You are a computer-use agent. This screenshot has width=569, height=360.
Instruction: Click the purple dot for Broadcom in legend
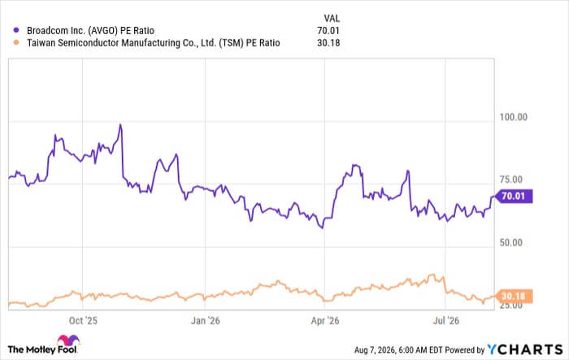(x=16, y=30)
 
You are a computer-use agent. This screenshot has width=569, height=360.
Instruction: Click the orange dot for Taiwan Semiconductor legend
(x=16, y=42)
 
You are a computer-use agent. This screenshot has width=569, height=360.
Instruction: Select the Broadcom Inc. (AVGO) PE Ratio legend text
(x=91, y=31)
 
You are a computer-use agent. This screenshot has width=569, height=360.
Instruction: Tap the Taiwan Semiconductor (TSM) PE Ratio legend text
(x=154, y=43)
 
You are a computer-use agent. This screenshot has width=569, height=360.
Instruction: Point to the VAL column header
(x=332, y=18)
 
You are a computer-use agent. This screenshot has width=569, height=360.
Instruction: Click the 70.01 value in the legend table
(x=328, y=31)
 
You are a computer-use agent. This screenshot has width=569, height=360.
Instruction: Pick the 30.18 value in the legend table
(x=328, y=43)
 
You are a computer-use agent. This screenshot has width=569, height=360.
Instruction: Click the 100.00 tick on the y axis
(x=514, y=117)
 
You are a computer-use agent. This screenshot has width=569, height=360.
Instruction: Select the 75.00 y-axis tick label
(x=511, y=180)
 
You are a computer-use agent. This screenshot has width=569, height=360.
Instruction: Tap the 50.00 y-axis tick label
(x=511, y=242)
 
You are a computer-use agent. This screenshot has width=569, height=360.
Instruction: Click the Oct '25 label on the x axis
(x=83, y=320)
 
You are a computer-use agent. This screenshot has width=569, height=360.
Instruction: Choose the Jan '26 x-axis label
(x=206, y=320)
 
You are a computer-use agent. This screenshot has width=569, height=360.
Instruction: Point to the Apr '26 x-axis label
(x=325, y=320)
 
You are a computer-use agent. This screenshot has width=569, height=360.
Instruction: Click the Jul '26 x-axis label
(x=446, y=320)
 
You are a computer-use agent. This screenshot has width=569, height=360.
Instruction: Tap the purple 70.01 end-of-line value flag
(x=514, y=197)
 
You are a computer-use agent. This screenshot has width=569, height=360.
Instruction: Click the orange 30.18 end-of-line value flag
(x=514, y=297)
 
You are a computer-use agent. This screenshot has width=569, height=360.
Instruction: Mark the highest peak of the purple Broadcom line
(x=120, y=125)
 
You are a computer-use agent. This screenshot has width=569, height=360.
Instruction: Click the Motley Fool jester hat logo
(x=68, y=340)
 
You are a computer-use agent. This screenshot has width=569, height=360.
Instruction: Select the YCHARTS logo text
(x=525, y=349)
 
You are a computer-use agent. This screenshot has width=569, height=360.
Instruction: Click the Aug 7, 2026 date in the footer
(x=375, y=349)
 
